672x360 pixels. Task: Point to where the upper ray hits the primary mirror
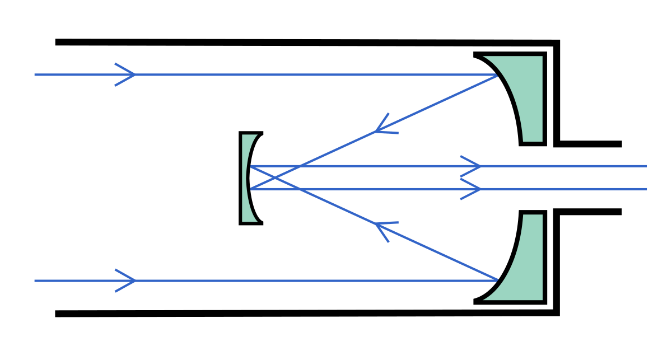[497, 75]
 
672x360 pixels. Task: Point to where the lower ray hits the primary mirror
[497, 280]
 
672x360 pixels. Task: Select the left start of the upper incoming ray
[35, 74]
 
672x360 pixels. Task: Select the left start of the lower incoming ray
[35, 280]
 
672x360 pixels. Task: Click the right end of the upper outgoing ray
[646, 166]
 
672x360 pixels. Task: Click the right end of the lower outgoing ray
[646, 189]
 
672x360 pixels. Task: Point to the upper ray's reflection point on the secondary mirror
[251, 166]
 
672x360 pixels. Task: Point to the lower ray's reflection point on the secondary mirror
[251, 189]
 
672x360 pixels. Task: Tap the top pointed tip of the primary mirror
[484, 57]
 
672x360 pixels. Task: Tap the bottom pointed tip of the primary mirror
[484, 300]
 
